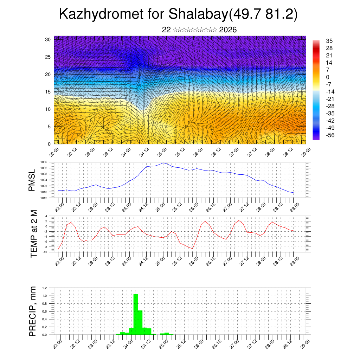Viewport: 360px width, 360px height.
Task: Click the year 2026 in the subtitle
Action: [x=228, y=30]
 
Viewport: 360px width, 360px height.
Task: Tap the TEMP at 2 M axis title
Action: [x=34, y=234]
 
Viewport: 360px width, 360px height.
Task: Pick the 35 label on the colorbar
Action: [x=329, y=41]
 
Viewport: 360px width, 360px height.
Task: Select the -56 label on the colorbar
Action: [x=330, y=135]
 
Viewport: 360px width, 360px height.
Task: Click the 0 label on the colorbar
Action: [x=328, y=77]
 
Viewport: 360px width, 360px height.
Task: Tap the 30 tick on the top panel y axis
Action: [x=48, y=39]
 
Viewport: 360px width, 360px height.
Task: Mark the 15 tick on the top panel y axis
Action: [x=48, y=92]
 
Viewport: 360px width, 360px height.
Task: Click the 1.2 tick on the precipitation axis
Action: [x=45, y=288]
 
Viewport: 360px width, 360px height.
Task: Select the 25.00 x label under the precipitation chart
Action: [x=163, y=343]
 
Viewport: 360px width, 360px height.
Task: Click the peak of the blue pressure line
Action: [x=163, y=163]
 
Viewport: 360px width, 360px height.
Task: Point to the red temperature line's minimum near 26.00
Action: [x=192, y=249]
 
